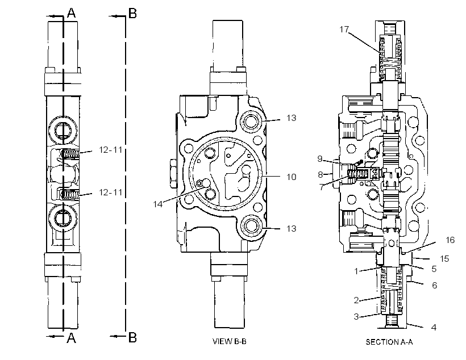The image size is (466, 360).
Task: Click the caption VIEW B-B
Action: point(229,341)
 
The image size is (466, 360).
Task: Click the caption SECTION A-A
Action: point(389,342)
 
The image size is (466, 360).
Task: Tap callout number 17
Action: point(344,30)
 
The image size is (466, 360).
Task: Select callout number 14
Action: point(158,204)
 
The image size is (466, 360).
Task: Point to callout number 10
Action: point(292,177)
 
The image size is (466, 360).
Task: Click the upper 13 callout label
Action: point(292,118)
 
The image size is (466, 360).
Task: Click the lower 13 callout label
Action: point(292,228)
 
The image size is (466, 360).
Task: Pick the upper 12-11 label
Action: point(111,150)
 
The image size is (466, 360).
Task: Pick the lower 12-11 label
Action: point(111,192)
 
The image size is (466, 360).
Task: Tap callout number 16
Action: point(450,240)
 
